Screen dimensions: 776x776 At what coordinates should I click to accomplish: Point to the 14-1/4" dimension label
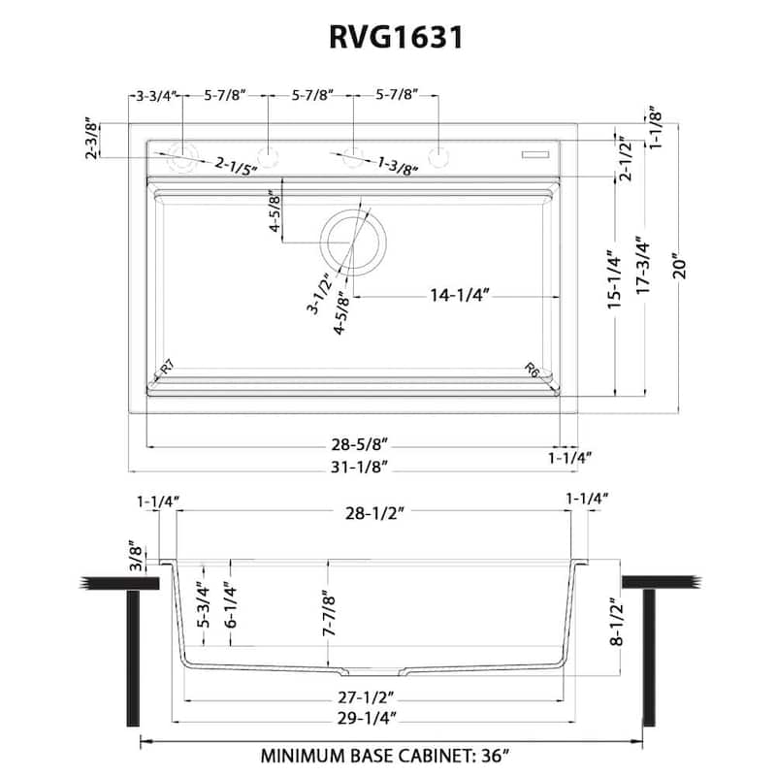click(458, 296)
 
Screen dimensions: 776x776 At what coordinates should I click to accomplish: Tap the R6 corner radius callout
click(533, 369)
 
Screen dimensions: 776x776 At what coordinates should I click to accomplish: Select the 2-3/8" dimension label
click(91, 140)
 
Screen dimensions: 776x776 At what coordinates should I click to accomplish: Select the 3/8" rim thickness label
click(137, 556)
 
